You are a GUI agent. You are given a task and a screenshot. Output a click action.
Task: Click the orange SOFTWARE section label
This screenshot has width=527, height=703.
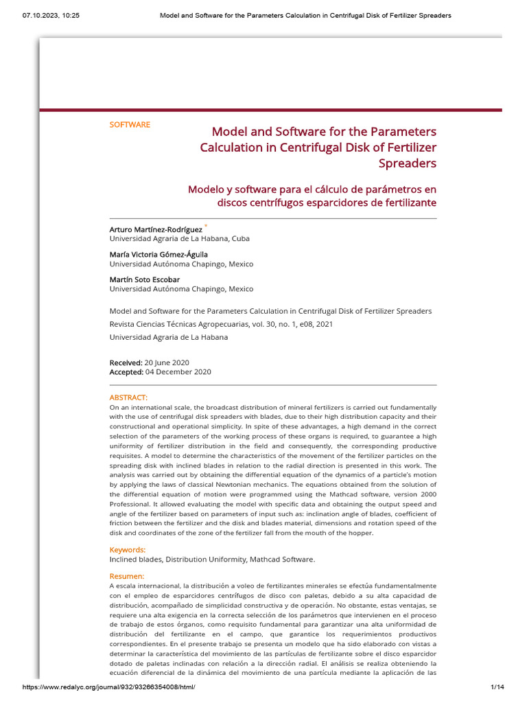[x=130, y=125]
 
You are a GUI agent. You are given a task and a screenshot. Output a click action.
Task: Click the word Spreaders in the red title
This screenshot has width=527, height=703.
[x=408, y=163]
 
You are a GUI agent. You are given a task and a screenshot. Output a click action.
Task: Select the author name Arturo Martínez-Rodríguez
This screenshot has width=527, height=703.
[x=156, y=229]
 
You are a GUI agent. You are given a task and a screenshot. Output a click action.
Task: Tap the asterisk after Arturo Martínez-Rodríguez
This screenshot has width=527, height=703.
[x=206, y=226]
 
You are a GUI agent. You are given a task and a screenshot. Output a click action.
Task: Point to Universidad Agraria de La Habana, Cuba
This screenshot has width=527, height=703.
[x=180, y=238]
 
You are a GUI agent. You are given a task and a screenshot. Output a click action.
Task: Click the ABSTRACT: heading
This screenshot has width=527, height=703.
[x=128, y=397]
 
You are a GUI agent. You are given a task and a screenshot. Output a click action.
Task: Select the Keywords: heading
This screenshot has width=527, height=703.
[x=128, y=550]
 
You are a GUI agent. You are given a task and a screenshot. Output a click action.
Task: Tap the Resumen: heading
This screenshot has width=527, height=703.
[x=127, y=576]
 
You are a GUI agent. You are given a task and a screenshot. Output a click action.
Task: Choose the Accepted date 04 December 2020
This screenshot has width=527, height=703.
[x=178, y=372]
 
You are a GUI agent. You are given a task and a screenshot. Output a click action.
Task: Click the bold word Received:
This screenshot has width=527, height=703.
[x=126, y=362]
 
